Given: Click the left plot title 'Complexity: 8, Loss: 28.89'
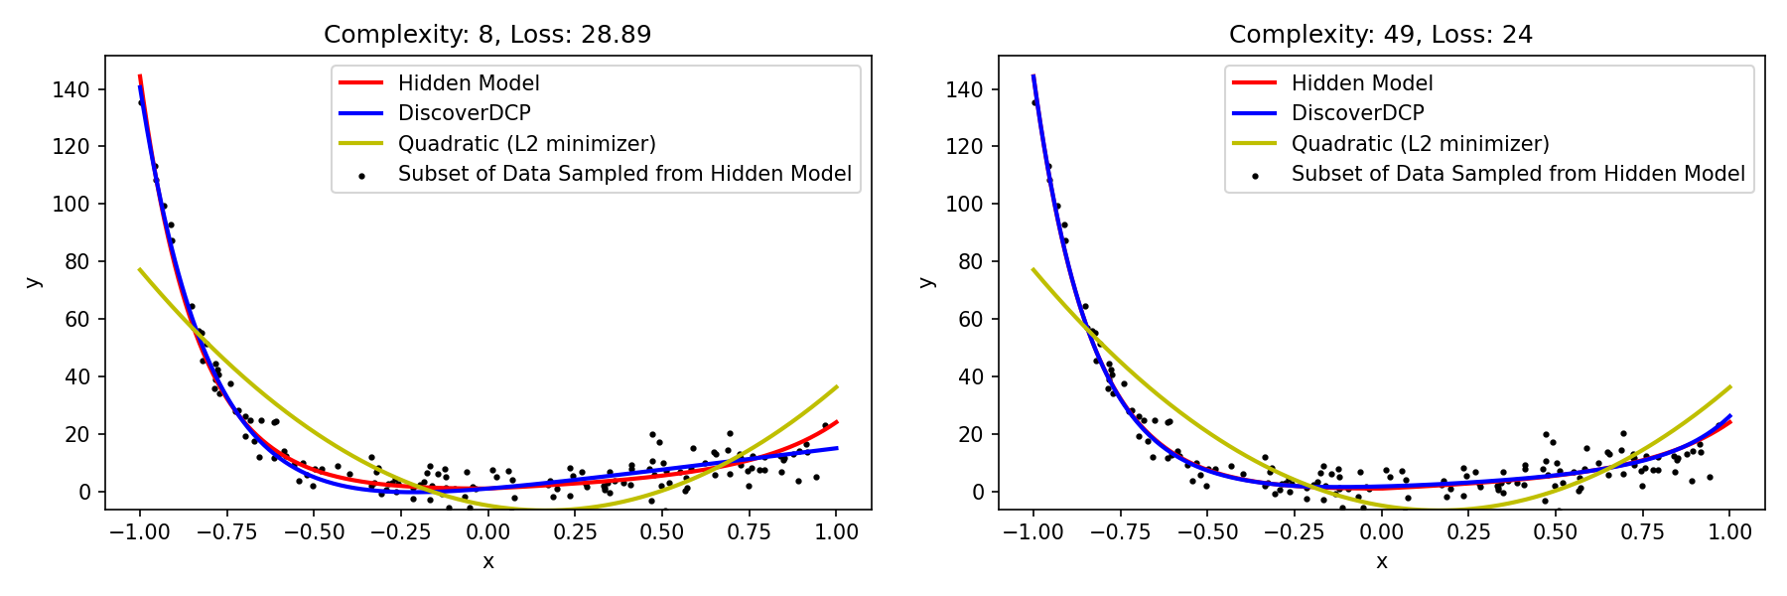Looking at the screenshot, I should tap(487, 35).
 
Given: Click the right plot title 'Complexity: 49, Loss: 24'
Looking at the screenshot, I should tap(1380, 35).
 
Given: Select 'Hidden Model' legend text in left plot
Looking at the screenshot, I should tap(469, 83).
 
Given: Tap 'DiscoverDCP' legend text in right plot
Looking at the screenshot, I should tap(1357, 113).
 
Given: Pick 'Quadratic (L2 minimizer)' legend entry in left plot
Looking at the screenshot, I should tap(526, 144).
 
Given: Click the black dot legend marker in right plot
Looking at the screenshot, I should tap(1255, 176).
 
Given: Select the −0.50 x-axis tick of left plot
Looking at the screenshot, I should tap(314, 532).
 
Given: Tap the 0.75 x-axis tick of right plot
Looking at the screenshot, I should tap(1642, 532).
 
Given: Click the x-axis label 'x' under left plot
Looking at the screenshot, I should tap(487, 562).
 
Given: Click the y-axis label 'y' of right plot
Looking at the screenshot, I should tap(926, 282).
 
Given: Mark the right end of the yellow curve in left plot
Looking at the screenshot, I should tap(837, 386).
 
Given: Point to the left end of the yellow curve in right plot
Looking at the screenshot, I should tap(1033, 269).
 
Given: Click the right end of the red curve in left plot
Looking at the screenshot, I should tap(837, 422).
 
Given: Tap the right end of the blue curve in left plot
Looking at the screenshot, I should tap(837, 448).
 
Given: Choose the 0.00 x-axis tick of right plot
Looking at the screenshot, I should tap(1381, 532).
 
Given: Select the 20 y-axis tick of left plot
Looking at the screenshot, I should tap(79, 434).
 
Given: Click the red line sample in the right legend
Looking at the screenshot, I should tap(1255, 83).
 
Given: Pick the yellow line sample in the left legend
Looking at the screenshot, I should tap(361, 144).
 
